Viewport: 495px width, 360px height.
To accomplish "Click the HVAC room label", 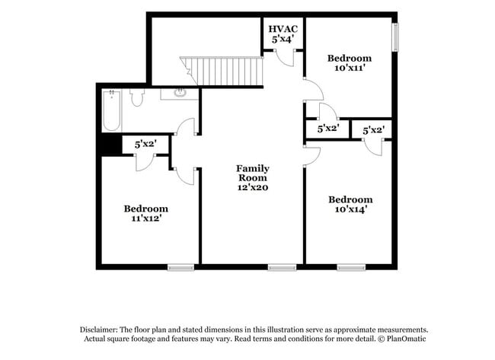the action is tap(283, 29).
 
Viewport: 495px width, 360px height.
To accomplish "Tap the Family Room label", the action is tap(253, 173).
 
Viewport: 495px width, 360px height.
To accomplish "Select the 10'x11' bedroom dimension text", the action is tap(350, 68).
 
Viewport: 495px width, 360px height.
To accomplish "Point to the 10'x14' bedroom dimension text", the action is tap(351, 209).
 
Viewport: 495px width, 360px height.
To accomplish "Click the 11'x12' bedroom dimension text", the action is tap(146, 218).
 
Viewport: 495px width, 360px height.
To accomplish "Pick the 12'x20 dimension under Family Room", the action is tap(253, 187).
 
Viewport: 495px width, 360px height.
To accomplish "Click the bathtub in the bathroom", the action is tap(111, 110).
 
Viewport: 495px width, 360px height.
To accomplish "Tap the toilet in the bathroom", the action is tap(137, 97).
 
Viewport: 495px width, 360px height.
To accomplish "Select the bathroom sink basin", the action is tap(180, 93).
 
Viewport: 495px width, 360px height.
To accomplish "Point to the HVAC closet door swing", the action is tap(285, 59).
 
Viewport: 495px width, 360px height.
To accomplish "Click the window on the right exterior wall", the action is tap(395, 37).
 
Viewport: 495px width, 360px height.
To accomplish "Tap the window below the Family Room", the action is tap(283, 268).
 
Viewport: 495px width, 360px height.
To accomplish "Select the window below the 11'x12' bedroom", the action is tap(181, 268).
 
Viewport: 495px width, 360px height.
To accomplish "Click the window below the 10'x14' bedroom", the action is tap(351, 268).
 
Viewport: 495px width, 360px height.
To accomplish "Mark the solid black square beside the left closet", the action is tap(109, 145).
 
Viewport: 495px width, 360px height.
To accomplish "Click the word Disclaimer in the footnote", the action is tap(99, 330).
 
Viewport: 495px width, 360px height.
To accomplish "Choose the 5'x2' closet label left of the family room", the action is tap(145, 144).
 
